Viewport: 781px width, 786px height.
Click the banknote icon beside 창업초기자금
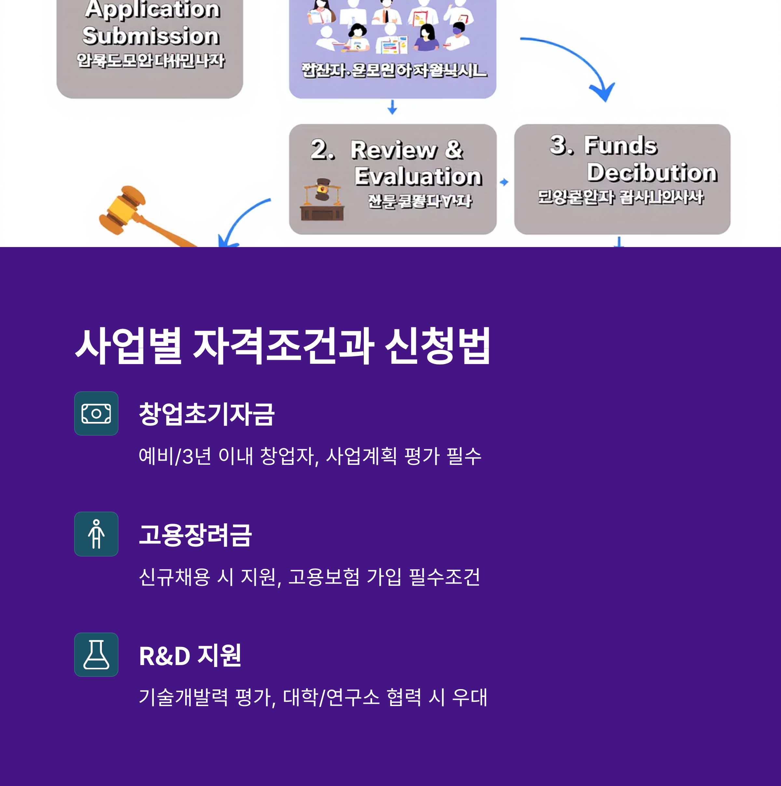coord(96,413)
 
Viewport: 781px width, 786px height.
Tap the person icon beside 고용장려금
coord(96,534)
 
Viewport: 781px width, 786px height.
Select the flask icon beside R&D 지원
coord(96,655)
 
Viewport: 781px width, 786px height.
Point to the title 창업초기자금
coord(206,414)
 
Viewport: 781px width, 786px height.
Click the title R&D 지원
coord(190,655)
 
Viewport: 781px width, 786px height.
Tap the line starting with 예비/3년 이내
coord(310,456)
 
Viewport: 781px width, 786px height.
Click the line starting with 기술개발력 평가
coord(313,697)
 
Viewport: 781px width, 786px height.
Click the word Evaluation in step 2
coord(418,176)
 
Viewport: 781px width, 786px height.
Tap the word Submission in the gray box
coord(151,35)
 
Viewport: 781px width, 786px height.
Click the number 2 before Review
coord(322,150)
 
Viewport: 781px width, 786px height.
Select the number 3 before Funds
coord(561,145)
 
